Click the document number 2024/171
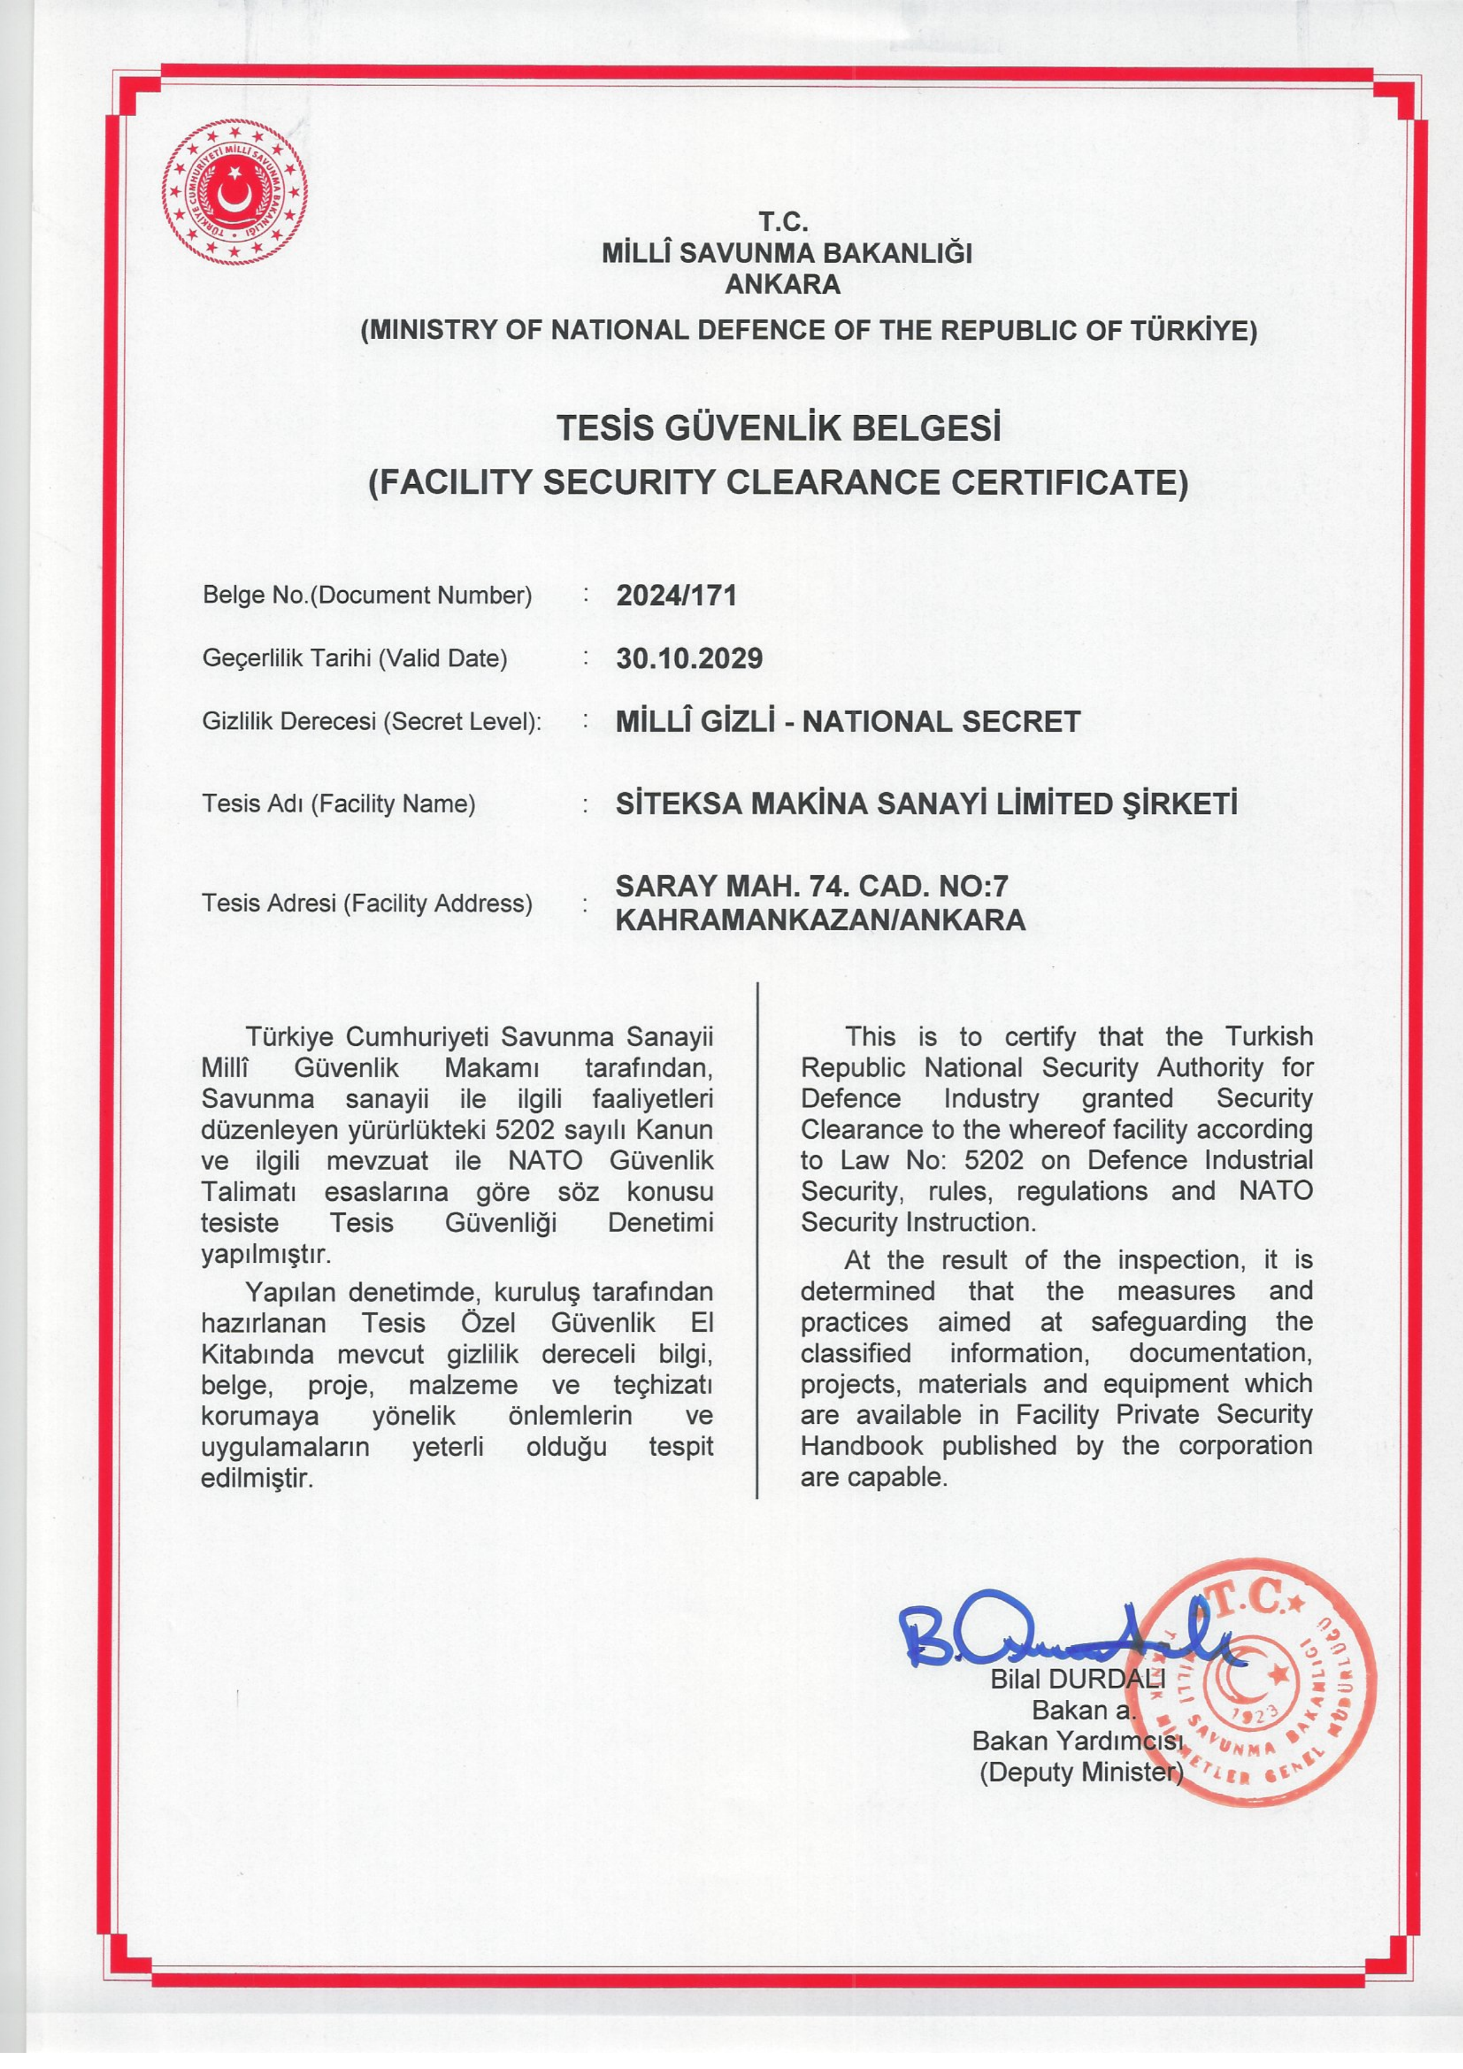coord(676,596)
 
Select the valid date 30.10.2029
coord(689,659)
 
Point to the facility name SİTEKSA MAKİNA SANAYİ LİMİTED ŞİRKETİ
coord(926,803)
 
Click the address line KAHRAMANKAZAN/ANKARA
coord(820,920)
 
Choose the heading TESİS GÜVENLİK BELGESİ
coord(778,428)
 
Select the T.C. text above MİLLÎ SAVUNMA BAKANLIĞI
coord(783,222)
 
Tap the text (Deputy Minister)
coord(1080,1772)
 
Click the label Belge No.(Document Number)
coord(367,596)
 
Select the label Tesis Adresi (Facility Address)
coord(367,903)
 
